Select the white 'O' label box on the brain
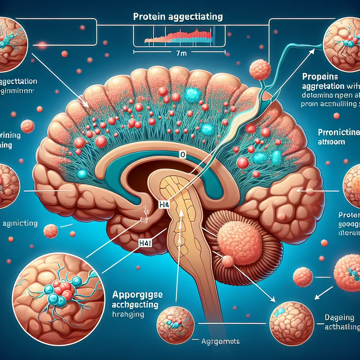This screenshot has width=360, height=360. pos(182,154)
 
